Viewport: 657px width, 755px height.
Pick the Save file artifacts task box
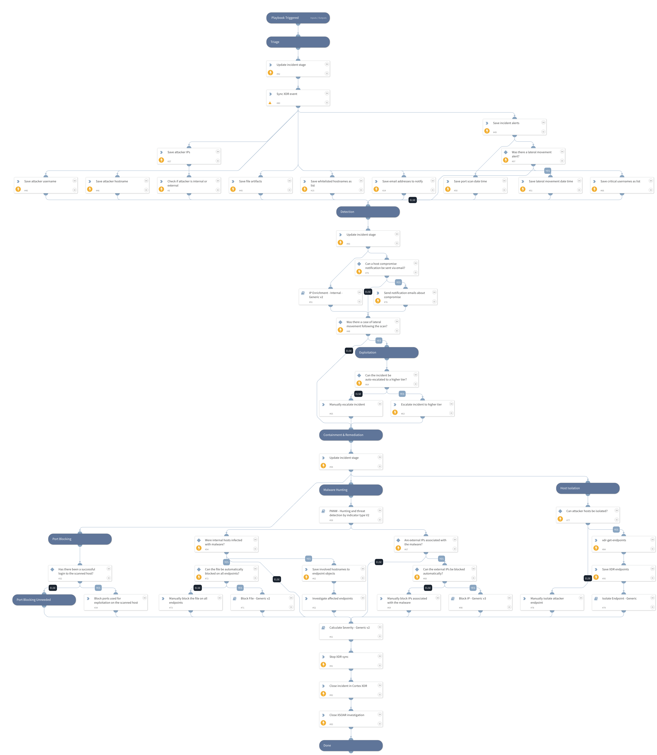[x=260, y=185]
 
